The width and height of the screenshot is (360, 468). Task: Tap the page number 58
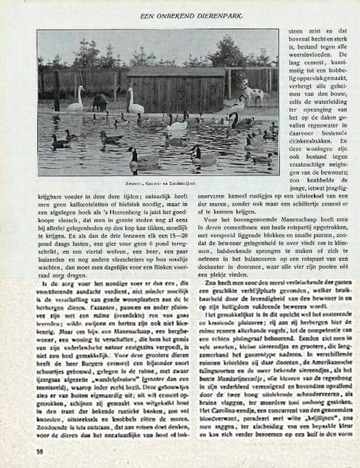[x=40, y=452]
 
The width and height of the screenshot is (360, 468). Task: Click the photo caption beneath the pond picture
[x=158, y=183]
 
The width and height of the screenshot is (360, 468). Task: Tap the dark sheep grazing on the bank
[x=100, y=102]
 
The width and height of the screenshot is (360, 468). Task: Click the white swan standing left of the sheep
[x=77, y=100]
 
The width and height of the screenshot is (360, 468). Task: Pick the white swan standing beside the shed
[x=135, y=103]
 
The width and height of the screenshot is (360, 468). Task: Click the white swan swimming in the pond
[x=176, y=125]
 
